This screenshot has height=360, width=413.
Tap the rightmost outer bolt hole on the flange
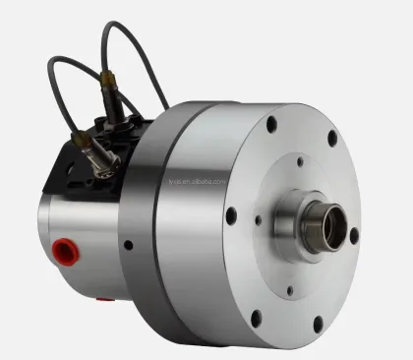[354, 236]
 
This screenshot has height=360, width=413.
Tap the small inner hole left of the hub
[259, 221]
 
